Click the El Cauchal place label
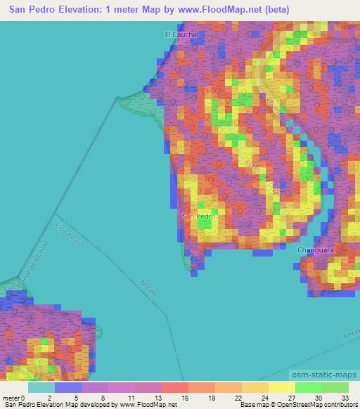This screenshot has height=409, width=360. (x=182, y=34)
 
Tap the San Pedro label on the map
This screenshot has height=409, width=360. (x=198, y=216)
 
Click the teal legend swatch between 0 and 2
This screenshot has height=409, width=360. (x=41, y=387)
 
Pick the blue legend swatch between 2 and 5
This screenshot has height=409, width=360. (x=68, y=387)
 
